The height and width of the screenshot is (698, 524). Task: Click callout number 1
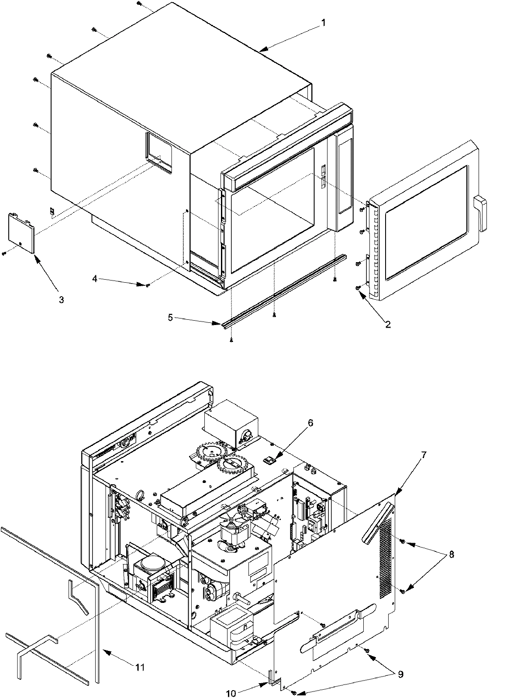323,22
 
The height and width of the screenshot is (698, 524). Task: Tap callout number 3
61,300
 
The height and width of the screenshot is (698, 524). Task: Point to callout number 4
95,277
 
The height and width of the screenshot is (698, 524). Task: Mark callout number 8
451,555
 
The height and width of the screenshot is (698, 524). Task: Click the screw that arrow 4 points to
149,285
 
